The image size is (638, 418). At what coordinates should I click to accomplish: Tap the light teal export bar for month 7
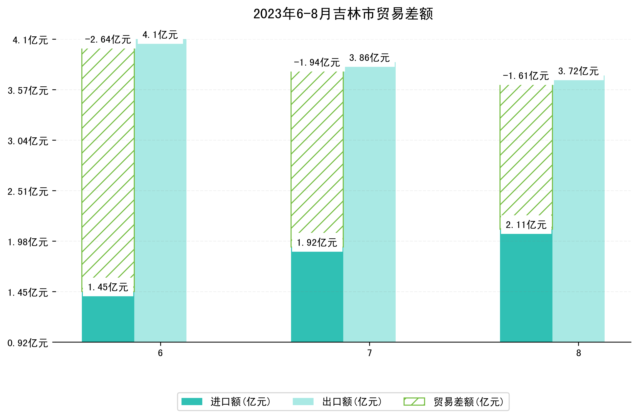click(369, 204)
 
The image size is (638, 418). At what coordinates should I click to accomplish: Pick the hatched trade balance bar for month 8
click(526, 150)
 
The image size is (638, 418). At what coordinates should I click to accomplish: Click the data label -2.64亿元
click(108, 40)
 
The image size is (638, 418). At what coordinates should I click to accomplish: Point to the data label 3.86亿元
click(369, 58)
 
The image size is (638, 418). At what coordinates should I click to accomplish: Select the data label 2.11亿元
click(526, 225)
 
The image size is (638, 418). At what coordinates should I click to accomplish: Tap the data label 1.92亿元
click(317, 243)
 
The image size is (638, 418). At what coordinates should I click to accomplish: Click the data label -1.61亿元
click(526, 76)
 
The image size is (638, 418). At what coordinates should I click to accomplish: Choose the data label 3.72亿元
click(578, 71)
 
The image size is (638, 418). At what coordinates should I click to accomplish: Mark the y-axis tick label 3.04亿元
click(28, 141)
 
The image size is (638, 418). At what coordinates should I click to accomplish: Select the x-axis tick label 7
click(369, 353)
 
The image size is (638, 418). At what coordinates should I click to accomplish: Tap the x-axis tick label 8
click(578, 353)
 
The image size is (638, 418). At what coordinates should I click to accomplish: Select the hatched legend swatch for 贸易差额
click(414, 402)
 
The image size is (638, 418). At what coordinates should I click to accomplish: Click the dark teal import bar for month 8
click(526, 287)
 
